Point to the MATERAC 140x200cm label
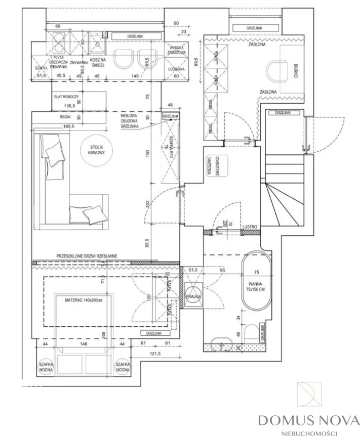pos(83,300)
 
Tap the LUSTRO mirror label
pos(250,227)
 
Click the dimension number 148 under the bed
pos(84,344)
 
